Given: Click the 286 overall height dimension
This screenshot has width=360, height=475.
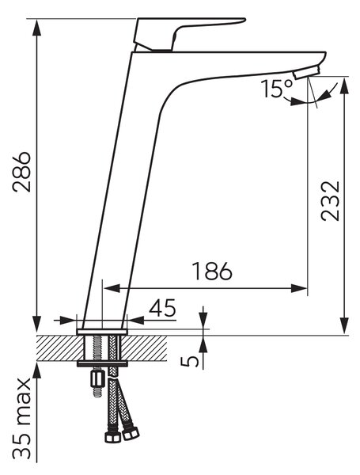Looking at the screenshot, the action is [22, 172].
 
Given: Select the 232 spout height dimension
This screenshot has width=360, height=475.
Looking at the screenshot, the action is [330, 201].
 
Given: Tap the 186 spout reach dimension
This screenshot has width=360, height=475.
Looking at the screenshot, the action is [212, 271].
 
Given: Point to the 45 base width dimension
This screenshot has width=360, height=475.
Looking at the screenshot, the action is [162, 307].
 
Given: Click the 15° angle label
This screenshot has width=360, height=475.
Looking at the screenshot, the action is [277, 89].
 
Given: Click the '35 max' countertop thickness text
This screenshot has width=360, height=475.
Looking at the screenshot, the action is [22, 418].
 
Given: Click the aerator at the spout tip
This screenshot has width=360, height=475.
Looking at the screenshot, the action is [306, 73].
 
